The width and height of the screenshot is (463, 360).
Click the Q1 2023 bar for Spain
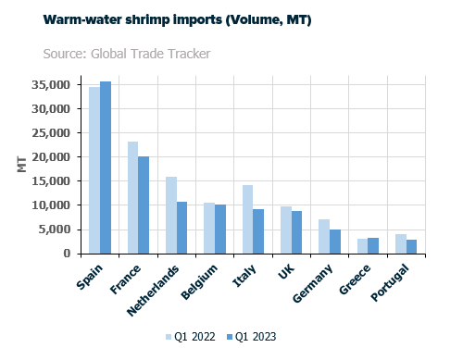click(106, 168)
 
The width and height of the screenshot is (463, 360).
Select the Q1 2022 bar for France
click(132, 197)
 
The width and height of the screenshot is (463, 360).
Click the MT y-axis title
click(20, 165)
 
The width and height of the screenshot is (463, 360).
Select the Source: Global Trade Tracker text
click(126, 53)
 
